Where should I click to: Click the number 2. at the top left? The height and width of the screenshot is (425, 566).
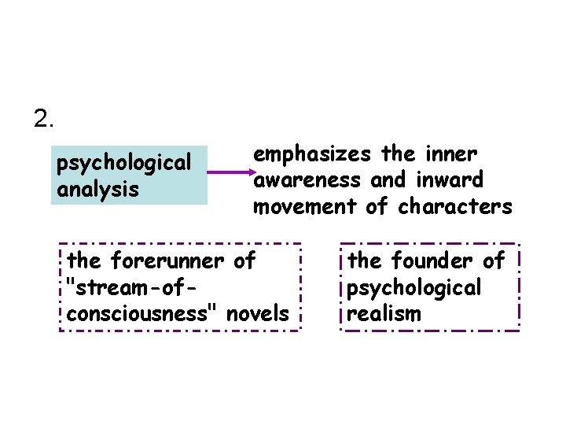[x=44, y=119]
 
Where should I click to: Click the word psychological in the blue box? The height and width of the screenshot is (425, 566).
[x=124, y=163]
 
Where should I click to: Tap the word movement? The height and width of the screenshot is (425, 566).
[x=306, y=207]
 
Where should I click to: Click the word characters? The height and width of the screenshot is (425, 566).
[x=456, y=207]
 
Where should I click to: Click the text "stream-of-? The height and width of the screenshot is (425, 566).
[x=130, y=286]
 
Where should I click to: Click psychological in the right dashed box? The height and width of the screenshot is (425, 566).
[x=413, y=287]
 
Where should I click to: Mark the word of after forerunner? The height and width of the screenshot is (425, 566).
[x=244, y=259]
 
